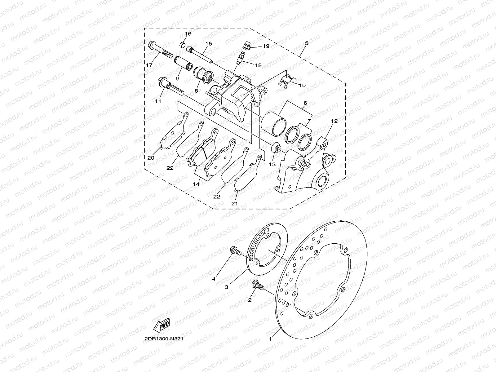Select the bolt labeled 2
tap(257, 285)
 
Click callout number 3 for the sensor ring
tap(227, 287)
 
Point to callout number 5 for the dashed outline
tap(306, 43)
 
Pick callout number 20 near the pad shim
tap(151, 158)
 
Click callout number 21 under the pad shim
tap(235, 203)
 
